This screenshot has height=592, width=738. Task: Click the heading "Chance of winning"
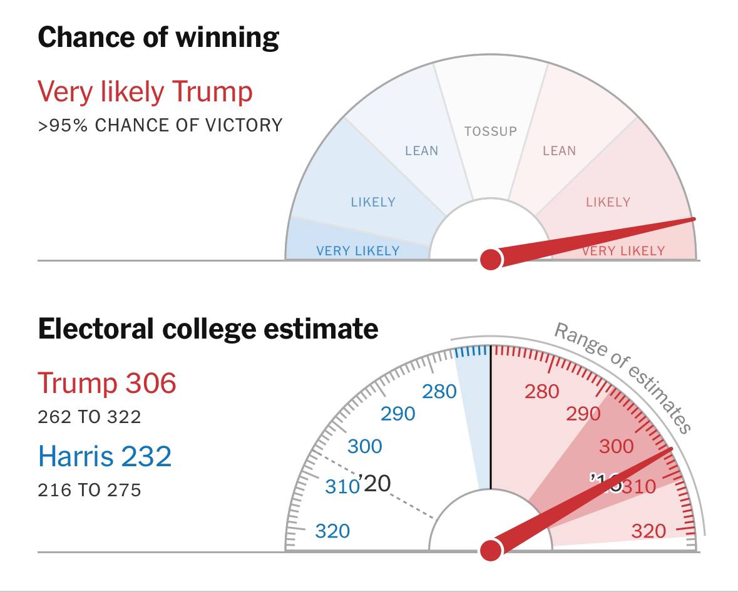pyautogui.click(x=158, y=38)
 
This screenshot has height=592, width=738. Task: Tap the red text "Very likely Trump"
pyautogui.click(x=145, y=92)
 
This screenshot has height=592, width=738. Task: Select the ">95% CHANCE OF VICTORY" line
pyautogui.click(x=160, y=125)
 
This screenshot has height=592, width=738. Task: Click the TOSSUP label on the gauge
pyautogui.click(x=491, y=131)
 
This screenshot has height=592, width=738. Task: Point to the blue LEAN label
pyautogui.click(x=421, y=151)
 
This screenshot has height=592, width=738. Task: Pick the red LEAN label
pyautogui.click(x=559, y=151)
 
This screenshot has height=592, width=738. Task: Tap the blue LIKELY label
pyautogui.click(x=373, y=202)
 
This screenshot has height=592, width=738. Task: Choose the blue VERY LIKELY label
pyautogui.click(x=357, y=251)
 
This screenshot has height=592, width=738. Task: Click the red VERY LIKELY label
pyautogui.click(x=623, y=251)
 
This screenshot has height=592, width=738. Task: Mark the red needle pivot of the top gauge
pyautogui.click(x=491, y=258)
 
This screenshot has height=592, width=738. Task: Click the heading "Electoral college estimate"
pyautogui.click(x=208, y=329)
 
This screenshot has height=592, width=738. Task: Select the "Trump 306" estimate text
pyautogui.click(x=107, y=382)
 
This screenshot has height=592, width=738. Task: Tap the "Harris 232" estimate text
pyautogui.click(x=105, y=456)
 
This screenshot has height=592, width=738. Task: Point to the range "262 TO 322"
pyautogui.click(x=90, y=416)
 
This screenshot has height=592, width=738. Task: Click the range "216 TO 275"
pyautogui.click(x=90, y=489)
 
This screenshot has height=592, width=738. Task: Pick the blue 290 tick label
pyautogui.click(x=398, y=414)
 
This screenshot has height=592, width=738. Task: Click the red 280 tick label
pyautogui.click(x=541, y=392)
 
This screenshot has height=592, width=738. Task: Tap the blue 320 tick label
pyautogui.click(x=332, y=531)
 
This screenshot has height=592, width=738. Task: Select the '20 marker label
pyautogui.click(x=375, y=484)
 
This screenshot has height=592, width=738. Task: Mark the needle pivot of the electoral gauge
pyautogui.click(x=491, y=550)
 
